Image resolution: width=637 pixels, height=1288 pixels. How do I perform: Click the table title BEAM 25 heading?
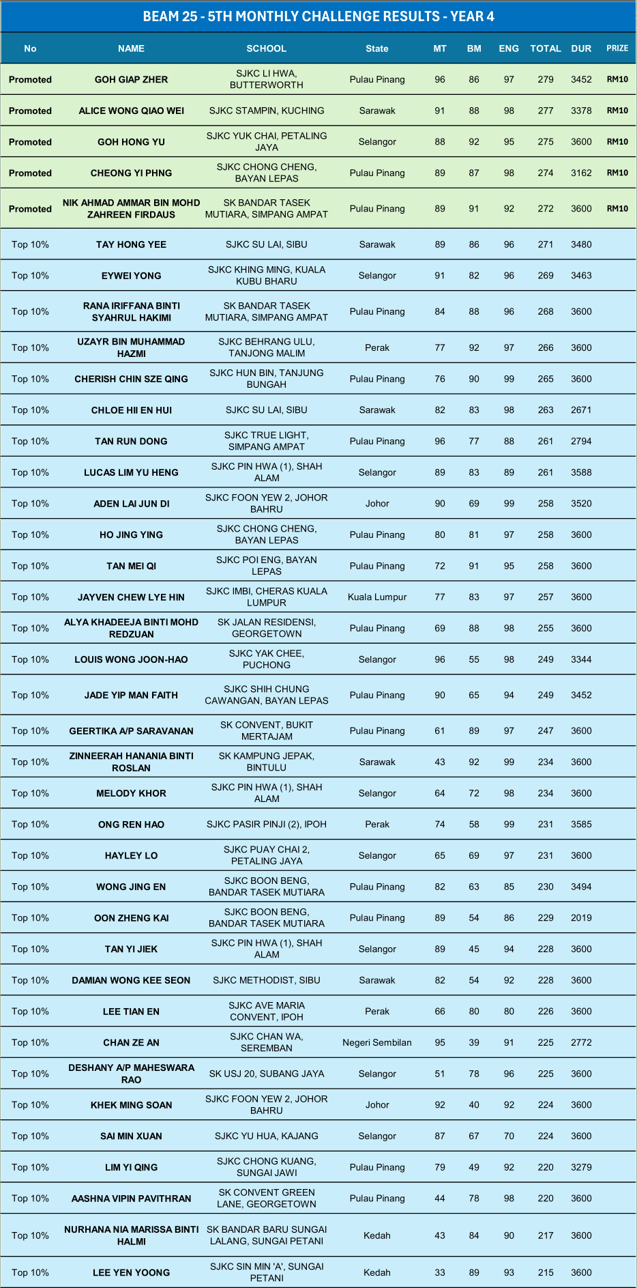[x=318, y=16]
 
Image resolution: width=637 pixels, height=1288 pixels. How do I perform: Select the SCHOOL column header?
[x=266, y=48]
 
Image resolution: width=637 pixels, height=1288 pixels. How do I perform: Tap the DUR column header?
[x=581, y=48]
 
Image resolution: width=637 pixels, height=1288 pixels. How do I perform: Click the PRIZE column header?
[x=617, y=48]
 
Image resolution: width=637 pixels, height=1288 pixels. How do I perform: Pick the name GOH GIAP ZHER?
[x=131, y=79]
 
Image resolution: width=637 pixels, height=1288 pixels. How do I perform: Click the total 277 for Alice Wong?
[x=546, y=111]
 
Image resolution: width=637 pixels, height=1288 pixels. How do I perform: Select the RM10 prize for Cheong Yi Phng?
[x=617, y=173]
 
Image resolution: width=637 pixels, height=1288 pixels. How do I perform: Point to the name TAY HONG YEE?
[x=131, y=244]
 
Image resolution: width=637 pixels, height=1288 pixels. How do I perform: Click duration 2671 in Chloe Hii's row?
[x=581, y=410]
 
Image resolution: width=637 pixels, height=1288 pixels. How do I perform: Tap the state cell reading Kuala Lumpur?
[x=377, y=597]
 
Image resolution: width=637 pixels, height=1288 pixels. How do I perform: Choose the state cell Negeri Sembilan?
[x=377, y=1042]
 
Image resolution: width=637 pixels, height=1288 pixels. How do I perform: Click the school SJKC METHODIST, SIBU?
[x=266, y=980]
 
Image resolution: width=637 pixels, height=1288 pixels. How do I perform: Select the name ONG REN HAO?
[x=131, y=825]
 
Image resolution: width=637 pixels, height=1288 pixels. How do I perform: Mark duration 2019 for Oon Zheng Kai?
[x=581, y=918]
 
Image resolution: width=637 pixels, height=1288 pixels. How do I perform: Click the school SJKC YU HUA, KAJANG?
[x=266, y=1136]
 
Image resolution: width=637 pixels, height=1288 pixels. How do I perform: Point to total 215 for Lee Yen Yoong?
[x=546, y=1272]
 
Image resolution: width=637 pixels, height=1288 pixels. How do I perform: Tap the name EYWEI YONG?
[x=131, y=276]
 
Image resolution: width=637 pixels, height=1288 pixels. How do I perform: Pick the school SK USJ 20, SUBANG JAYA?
[x=266, y=1074]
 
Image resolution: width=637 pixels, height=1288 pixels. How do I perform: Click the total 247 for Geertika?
[x=546, y=730]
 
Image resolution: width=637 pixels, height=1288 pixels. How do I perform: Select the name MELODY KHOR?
[x=131, y=793]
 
